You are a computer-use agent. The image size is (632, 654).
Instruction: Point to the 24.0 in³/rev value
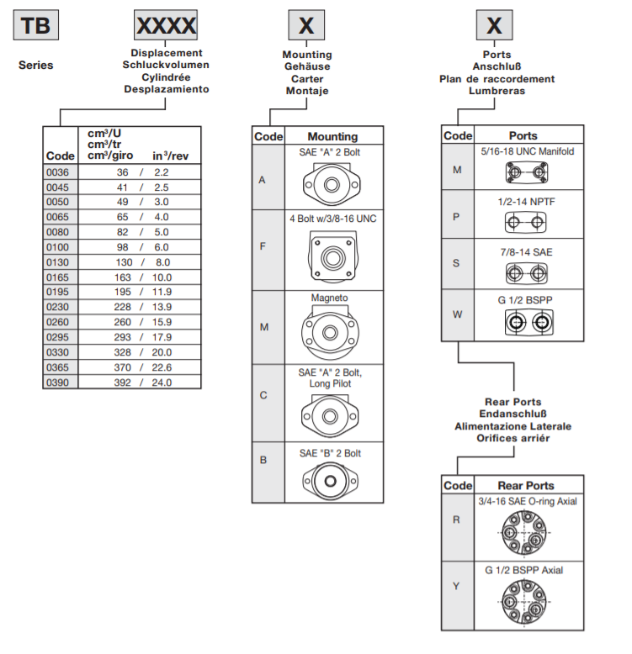tap(161, 382)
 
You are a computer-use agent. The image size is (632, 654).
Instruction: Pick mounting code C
tap(263, 394)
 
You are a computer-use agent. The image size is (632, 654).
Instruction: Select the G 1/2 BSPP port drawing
tap(526, 322)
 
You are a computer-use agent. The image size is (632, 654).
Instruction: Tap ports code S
tap(456, 263)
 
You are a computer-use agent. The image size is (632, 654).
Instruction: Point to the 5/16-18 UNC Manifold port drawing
tap(526, 173)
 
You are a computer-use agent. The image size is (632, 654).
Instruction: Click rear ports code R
tap(456, 520)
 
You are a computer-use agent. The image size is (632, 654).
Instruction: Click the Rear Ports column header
tap(526, 485)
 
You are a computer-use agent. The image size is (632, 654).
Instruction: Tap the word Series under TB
tap(35, 65)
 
